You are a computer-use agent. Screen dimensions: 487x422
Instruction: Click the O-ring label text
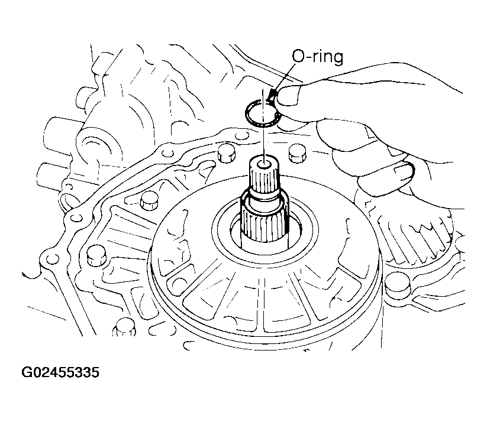pyautogui.click(x=318, y=57)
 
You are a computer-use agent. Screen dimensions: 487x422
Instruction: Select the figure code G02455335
pyautogui.click(x=60, y=372)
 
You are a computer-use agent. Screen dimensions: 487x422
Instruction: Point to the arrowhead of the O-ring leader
pyautogui.click(x=273, y=93)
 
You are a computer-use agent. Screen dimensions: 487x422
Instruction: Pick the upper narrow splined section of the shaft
pyautogui.click(x=264, y=179)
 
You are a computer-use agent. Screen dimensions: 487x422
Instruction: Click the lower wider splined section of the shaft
pyautogui.click(x=265, y=222)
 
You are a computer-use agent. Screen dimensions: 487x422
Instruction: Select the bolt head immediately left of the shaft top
pyautogui.click(x=226, y=152)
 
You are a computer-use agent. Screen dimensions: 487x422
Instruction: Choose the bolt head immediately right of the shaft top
pyautogui.click(x=298, y=153)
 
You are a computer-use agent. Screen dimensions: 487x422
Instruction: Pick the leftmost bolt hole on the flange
pyautogui.click(x=51, y=258)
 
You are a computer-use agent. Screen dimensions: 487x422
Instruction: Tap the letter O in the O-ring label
pyautogui.click(x=298, y=57)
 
